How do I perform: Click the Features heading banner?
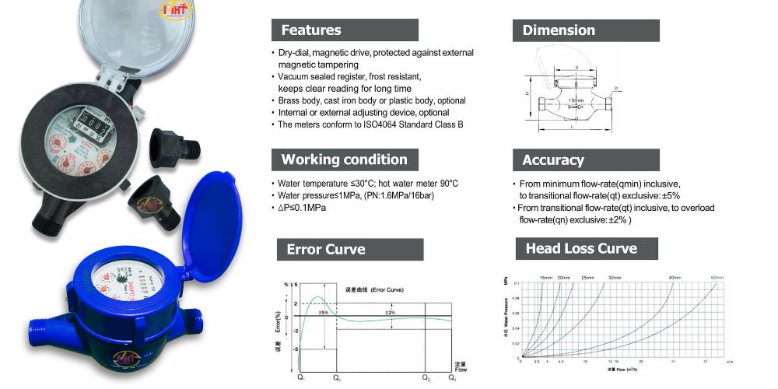coord(345,30)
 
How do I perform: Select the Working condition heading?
coord(345,159)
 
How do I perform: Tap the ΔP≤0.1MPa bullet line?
coord(303,208)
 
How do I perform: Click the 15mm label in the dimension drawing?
coord(575,100)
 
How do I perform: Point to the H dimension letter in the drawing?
coord(527,94)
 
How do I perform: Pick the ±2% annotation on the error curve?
coord(391,312)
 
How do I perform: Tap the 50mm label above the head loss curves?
coord(717,278)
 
